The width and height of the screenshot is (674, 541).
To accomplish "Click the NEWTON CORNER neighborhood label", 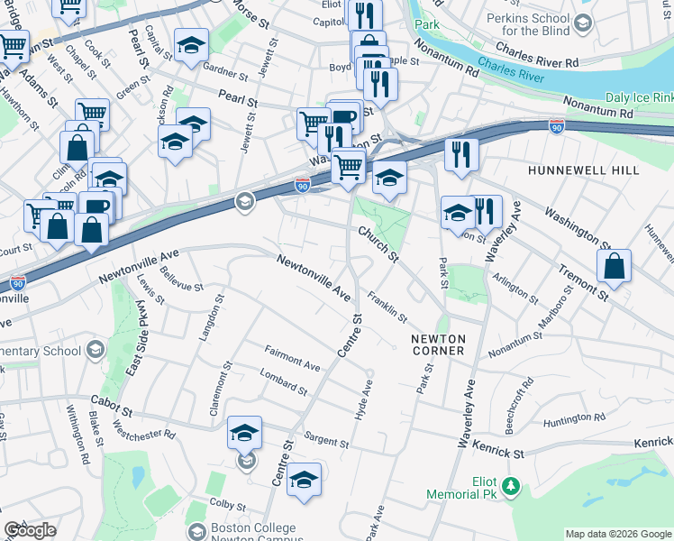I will tap(437, 344).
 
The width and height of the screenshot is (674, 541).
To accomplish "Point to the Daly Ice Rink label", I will tap(639, 96).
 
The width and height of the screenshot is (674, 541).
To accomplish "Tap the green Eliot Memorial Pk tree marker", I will tap(511, 487).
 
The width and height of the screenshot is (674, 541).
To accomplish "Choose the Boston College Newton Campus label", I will tap(252, 534).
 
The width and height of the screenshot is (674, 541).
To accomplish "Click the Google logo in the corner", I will tap(30, 530).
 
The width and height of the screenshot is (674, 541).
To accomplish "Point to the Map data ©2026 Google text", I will tap(618, 534).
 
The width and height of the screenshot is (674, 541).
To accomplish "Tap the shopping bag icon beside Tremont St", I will tap(614, 267).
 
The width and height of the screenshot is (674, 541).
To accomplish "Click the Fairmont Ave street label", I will tap(292, 358).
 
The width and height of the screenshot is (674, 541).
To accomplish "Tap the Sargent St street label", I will tap(325, 442).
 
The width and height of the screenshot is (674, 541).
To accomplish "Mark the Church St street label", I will tap(378, 243).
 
